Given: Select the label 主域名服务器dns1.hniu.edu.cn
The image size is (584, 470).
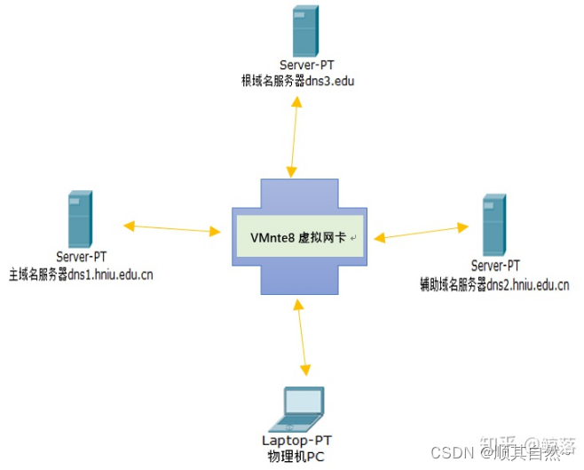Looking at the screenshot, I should point(81,275).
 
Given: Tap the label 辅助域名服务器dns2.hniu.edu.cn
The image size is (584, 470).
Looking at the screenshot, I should point(494,285).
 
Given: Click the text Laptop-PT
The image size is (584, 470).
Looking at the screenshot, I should point(303,441).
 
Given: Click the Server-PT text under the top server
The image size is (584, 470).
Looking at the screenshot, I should point(304,66).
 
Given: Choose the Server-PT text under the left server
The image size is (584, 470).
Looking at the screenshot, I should point(81,259).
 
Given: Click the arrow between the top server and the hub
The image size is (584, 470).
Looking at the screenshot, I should point(293,134).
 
